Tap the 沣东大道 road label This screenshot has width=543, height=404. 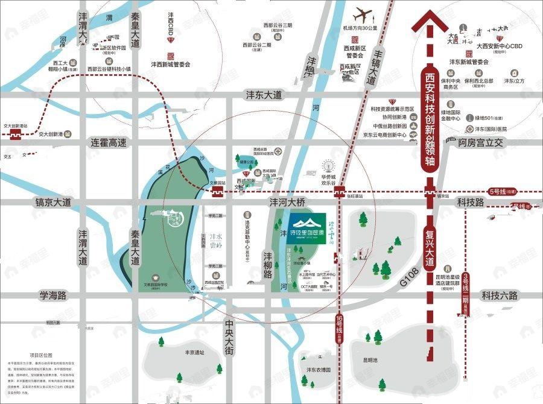[x=264, y=95]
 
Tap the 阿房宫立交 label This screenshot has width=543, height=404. [x=480, y=143]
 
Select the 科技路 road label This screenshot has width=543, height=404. [x=471, y=203]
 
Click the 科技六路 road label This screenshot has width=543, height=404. [x=499, y=295]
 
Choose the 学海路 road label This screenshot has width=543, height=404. [x=53, y=295]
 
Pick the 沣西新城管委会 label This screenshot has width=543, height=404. [x=170, y=63]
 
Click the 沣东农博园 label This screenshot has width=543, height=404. [x=319, y=370]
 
